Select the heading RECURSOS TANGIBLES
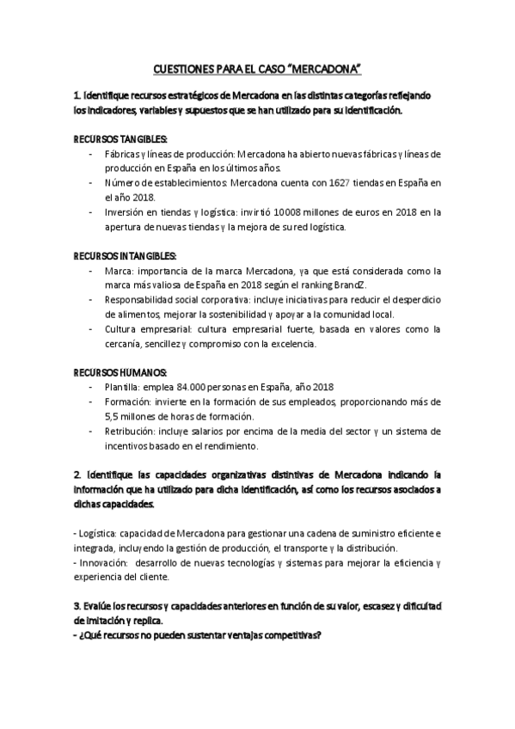pyautogui.click(x=120, y=139)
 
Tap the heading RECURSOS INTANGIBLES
pyautogui.click(x=126, y=256)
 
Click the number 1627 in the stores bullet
pyautogui.click(x=341, y=182)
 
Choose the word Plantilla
pyautogui.click(x=123, y=387)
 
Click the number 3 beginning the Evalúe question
pyautogui.click(x=77, y=605)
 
